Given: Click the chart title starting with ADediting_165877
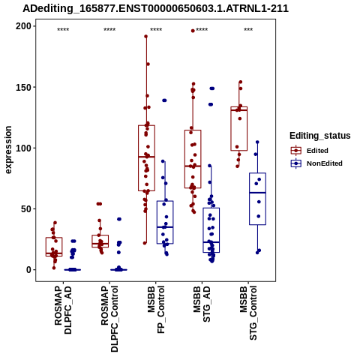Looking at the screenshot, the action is (155, 8).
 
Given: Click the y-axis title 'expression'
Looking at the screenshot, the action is (8, 150).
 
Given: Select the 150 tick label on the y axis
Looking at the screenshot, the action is (23, 87).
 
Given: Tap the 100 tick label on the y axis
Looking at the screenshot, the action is (23, 148).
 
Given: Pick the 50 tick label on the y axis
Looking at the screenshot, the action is (26, 208).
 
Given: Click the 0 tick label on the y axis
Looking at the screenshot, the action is (28, 270).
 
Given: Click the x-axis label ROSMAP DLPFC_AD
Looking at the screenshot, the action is (63, 310).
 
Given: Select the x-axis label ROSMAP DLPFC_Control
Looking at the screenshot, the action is (109, 319).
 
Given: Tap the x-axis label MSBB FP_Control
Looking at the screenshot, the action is (156, 310).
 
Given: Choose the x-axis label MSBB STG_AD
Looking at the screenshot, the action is (202, 304).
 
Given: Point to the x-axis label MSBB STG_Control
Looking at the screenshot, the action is (248, 313).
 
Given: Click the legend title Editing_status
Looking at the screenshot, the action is (320, 136).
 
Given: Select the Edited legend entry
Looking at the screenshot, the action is (310, 151).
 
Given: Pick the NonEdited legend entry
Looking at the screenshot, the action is (316, 163).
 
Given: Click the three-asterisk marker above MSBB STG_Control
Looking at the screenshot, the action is (248, 30).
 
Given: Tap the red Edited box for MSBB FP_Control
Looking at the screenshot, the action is (146, 158).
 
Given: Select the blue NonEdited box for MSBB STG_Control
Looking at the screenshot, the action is (257, 199).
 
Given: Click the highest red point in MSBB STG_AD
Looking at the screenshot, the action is (193, 31).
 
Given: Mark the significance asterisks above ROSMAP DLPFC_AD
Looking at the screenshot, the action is (63, 30).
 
